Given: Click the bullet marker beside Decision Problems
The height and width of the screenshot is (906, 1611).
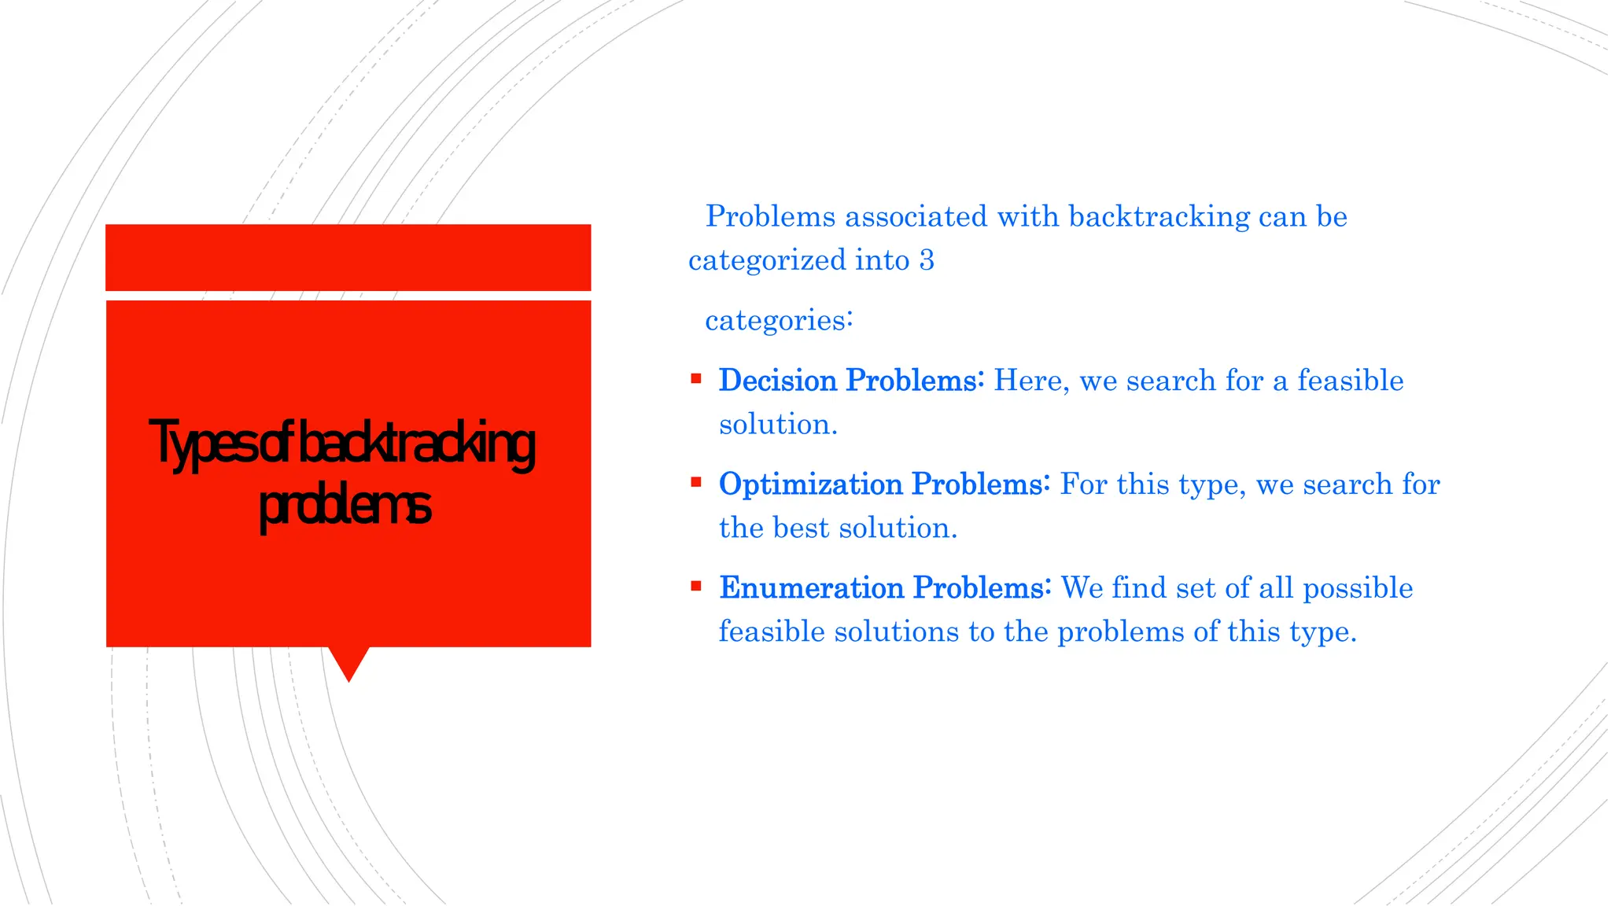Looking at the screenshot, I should [695, 379].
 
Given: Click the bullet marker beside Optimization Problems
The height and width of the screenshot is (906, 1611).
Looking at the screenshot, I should [695, 483].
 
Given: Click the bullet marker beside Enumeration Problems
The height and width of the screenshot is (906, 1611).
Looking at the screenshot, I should [695, 586].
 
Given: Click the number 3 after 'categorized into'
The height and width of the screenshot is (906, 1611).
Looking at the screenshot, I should [927, 260].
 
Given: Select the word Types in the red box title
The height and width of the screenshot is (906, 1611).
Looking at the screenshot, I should [201, 444].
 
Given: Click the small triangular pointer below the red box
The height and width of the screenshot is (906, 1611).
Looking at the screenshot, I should [348, 662].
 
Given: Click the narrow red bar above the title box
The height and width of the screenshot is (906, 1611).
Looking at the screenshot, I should [348, 257].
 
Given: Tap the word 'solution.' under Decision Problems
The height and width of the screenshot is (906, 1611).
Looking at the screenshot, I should [778, 425].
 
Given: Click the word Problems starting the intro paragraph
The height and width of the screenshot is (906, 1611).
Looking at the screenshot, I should [770, 217].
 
